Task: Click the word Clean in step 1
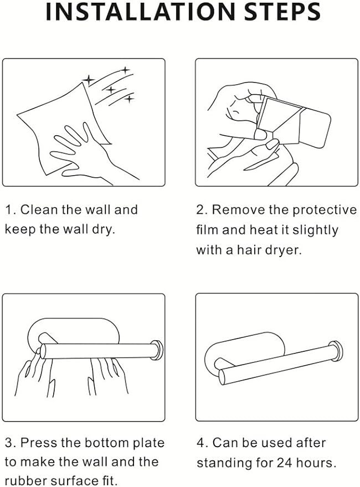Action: coord(39,209)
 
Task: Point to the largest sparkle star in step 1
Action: coord(89,80)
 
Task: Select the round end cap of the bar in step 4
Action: coord(336,351)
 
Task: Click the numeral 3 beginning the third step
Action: coord(8,442)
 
